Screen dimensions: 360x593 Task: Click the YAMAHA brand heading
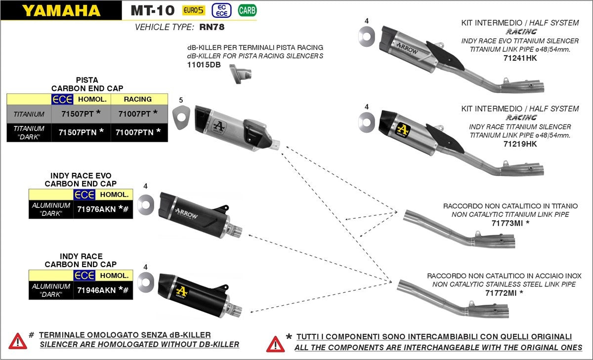[60, 10]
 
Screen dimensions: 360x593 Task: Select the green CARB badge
[247, 10]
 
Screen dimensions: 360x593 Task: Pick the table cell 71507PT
[80, 114]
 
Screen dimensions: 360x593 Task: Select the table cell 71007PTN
[138, 132]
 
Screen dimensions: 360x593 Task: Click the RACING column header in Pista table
[138, 99]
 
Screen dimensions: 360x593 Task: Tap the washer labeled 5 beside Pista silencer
[181, 119]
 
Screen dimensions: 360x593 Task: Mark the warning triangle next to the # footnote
[18, 340]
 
